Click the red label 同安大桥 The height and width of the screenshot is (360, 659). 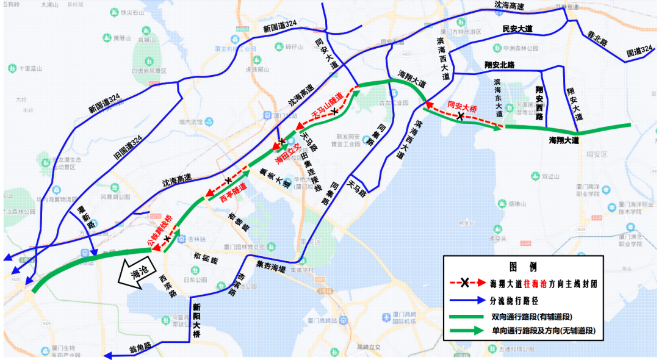tap(462, 105)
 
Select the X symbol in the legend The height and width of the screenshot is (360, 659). tap(465, 283)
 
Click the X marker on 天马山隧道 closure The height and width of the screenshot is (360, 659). tap(335, 110)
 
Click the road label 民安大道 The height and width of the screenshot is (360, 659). tap(517, 29)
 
